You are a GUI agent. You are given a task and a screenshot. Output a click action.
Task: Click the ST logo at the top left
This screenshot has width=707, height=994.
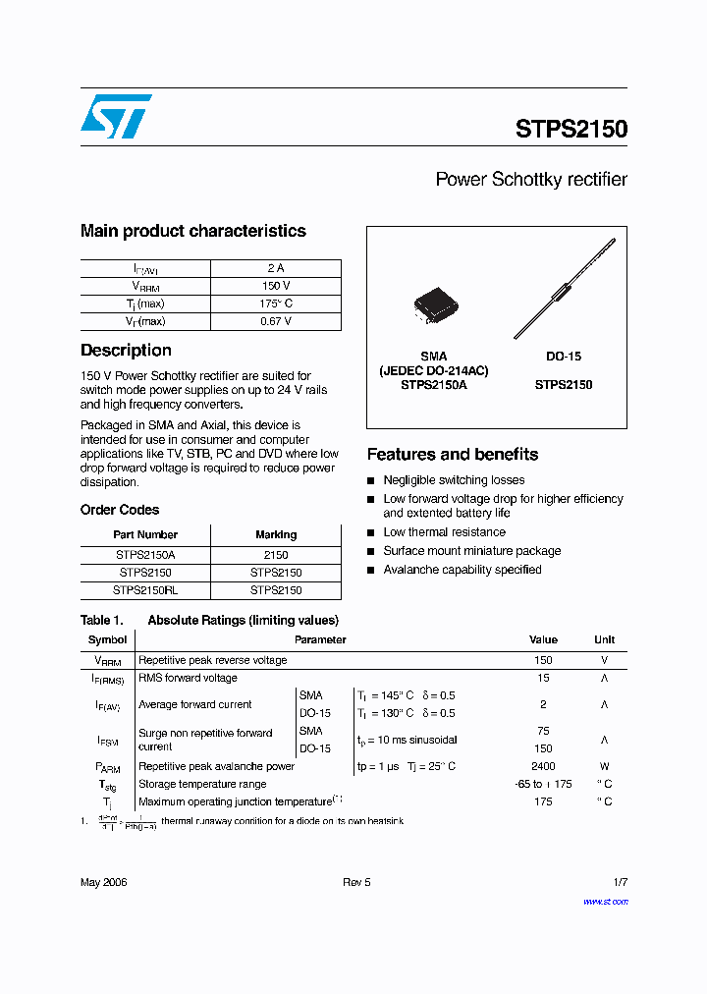pos(116,116)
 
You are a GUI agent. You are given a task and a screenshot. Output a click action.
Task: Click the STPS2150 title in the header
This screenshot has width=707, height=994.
pos(571,129)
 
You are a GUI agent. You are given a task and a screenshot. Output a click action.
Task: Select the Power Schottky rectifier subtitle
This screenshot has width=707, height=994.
pos(530,180)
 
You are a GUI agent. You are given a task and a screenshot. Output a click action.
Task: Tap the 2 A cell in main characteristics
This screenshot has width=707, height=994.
pos(276,268)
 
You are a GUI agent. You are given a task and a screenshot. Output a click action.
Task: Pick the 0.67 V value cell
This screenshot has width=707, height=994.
pos(276,321)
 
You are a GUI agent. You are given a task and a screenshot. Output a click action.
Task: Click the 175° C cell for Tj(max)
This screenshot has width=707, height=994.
pos(276,304)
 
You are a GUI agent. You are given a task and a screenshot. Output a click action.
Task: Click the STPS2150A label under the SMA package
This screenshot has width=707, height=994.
pos(433,385)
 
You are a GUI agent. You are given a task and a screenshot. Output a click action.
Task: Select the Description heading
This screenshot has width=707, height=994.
pos(126,351)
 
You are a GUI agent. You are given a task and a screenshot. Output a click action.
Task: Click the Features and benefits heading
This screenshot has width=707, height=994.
pos(452,455)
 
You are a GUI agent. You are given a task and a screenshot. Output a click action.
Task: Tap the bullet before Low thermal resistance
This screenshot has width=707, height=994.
pos(371,533)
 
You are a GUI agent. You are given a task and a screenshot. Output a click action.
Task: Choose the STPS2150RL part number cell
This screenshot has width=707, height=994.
pos(145,590)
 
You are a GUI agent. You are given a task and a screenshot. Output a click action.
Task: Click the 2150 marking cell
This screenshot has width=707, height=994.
pos(276,555)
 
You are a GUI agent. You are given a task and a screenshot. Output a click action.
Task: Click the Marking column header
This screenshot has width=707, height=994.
pos(276,534)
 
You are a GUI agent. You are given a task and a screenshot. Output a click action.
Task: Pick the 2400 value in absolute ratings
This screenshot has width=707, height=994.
pos(543,766)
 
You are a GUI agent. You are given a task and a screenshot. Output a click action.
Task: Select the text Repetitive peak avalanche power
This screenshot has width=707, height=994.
pos(216,766)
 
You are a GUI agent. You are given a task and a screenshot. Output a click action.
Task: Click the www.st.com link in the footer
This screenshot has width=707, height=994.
pos(605,902)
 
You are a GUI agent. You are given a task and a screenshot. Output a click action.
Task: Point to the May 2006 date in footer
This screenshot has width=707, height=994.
pos(103,882)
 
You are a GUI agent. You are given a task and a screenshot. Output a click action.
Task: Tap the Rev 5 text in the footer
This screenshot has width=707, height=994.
pos(356,882)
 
